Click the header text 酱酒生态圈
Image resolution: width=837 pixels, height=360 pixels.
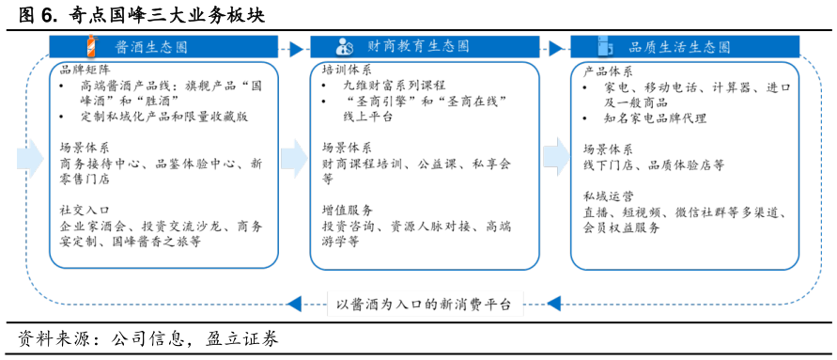pos(151,47)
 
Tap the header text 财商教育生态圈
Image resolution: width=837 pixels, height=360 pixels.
pos(418,46)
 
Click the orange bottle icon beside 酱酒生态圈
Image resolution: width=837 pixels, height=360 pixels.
pos(91,45)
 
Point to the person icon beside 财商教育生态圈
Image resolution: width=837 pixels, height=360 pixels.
pos(345,46)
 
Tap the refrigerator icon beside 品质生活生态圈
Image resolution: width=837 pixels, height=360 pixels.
pos(604,46)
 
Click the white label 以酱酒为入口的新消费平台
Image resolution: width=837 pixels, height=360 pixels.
pos(425,304)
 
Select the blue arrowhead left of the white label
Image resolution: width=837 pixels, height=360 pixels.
pos(295,304)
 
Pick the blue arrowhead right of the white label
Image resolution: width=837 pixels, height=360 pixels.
pos(553,304)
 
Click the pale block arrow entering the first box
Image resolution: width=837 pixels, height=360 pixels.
pos(30,158)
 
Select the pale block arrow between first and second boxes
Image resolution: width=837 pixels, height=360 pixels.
pos(294,158)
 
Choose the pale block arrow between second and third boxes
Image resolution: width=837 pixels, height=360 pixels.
pos(556,157)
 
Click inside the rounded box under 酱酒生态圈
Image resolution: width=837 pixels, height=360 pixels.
pos(163,165)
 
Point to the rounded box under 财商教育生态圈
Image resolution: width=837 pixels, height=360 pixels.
pos(425,165)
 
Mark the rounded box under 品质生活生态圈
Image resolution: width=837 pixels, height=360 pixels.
pos(685,165)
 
